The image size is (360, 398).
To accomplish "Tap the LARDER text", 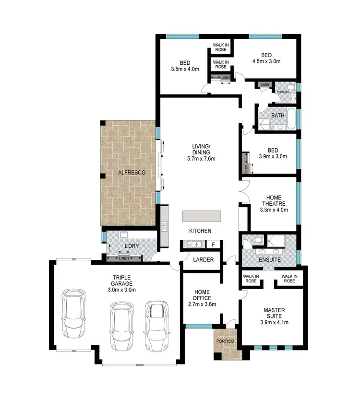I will [x=200, y=260].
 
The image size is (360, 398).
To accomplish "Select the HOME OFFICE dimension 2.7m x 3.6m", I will [x=202, y=304].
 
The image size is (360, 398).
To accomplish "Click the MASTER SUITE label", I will [x=272, y=310].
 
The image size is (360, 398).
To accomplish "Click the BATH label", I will [x=277, y=116].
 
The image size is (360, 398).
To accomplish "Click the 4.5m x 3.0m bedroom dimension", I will [x=266, y=61].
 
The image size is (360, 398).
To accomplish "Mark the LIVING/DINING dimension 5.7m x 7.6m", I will [x=201, y=159].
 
